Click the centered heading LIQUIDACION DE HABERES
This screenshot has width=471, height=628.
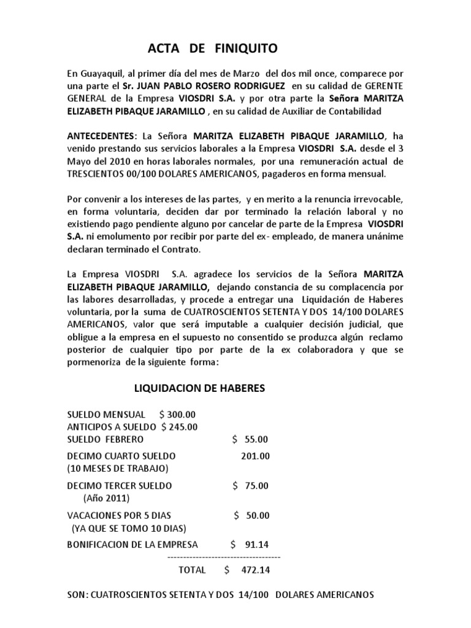point(199,388)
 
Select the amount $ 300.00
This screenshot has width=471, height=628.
point(177,415)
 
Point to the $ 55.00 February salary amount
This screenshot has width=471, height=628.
point(250,439)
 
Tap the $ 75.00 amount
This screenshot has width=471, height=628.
point(250,485)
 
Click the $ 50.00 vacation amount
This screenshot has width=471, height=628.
point(251,515)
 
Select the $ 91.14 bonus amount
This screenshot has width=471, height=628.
point(250,544)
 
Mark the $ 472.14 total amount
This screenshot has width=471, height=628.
point(247,570)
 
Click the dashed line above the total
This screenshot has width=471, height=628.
point(223,556)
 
